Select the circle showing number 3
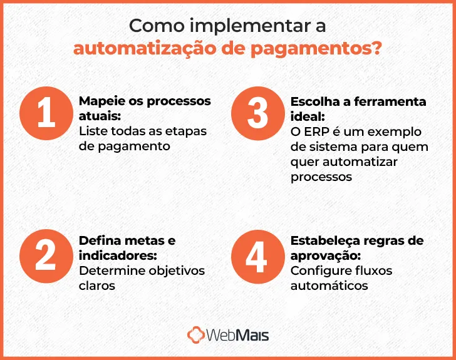(257, 115)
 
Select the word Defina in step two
(98, 241)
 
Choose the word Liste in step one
(93, 131)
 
